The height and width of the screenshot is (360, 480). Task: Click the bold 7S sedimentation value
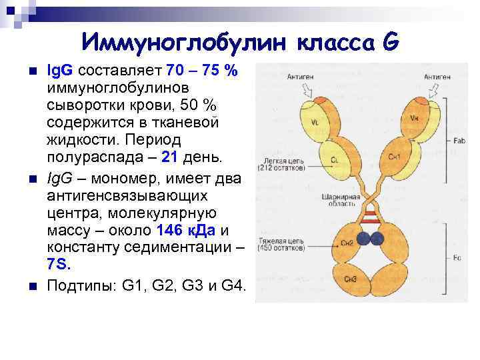point(59,265)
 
